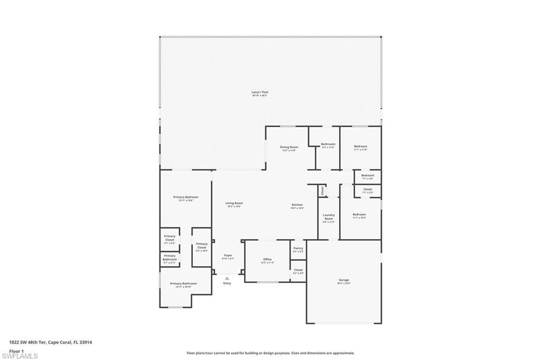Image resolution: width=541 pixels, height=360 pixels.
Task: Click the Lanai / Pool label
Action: tap(259, 92)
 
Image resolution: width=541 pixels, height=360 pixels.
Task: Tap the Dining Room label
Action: tap(289, 147)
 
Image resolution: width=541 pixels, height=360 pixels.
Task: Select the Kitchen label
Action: tap(297, 205)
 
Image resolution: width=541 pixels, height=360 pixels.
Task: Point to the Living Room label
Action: tap(234, 203)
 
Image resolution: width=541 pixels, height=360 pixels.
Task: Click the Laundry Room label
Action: tap(329, 216)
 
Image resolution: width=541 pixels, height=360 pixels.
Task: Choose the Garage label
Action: tap(344, 280)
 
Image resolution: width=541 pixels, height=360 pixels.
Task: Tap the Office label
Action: tap(267, 259)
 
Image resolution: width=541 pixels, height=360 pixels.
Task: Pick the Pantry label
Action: tap(298, 248)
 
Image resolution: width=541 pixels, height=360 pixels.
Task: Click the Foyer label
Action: tap(228, 255)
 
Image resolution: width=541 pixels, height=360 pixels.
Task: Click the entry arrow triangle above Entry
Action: tap(227, 277)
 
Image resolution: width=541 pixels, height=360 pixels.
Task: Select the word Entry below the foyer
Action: tap(227, 283)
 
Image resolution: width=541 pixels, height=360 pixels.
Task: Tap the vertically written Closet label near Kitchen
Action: tap(322, 191)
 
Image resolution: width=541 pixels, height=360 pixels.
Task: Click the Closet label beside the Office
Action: tap(298, 270)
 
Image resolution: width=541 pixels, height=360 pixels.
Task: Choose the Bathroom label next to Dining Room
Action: tap(328, 144)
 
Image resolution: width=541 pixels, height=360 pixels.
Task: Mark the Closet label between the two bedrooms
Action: tap(367, 189)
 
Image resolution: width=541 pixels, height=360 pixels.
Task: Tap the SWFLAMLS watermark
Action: tap(20, 356)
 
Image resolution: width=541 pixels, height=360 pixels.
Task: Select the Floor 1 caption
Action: tap(16, 350)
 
